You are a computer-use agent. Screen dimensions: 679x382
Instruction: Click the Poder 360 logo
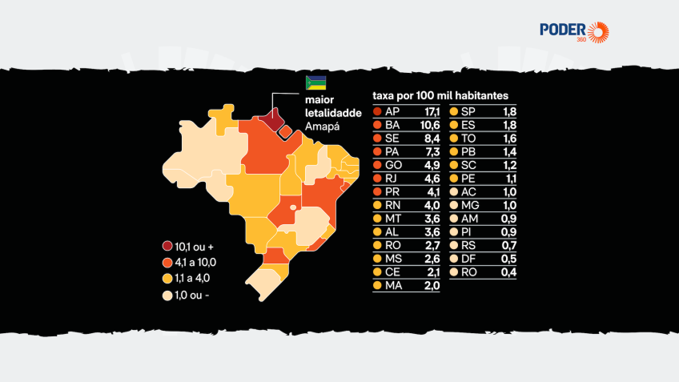click(x=574, y=32)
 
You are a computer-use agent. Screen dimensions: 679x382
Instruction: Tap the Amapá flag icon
click(x=315, y=82)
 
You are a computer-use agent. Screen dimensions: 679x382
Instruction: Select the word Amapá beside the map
click(x=322, y=127)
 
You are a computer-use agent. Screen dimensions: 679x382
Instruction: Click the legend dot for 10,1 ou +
click(x=167, y=246)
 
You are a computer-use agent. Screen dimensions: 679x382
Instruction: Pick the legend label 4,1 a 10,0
click(x=195, y=263)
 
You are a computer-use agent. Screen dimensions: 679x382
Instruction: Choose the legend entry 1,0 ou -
click(x=186, y=296)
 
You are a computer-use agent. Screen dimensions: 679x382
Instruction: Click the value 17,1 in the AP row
click(x=432, y=112)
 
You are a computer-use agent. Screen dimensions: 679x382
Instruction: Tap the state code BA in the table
click(x=392, y=125)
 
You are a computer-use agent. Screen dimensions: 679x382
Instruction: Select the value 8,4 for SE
click(x=432, y=139)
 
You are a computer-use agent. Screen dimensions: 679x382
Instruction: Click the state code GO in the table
click(x=393, y=165)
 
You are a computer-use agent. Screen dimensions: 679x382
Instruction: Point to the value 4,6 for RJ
click(x=432, y=179)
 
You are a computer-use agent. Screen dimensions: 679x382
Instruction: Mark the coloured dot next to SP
click(x=454, y=112)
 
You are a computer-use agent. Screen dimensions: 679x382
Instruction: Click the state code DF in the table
click(x=468, y=259)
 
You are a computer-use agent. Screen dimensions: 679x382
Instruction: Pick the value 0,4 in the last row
click(x=508, y=272)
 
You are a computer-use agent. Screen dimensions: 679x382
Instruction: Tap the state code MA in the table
click(x=393, y=286)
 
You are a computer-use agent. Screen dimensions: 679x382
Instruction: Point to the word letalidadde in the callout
click(x=333, y=113)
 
